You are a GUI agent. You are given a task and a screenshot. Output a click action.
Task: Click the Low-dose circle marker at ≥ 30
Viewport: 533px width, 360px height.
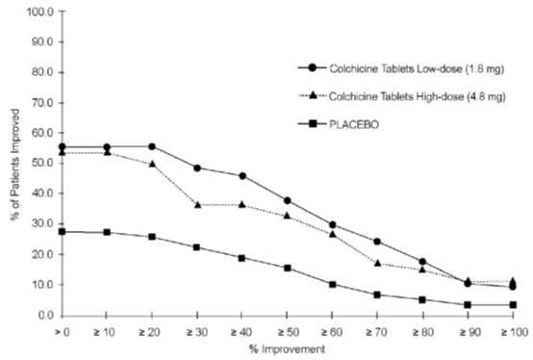point(196,167)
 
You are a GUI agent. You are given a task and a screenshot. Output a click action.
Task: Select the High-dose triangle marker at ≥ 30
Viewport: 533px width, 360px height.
point(196,204)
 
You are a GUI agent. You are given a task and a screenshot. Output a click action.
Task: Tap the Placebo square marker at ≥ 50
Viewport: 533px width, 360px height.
point(287,268)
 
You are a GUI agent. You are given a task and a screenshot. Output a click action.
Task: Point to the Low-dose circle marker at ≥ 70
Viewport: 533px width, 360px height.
point(377,242)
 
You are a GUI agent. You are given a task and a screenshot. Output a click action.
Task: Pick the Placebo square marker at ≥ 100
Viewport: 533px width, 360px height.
point(513,305)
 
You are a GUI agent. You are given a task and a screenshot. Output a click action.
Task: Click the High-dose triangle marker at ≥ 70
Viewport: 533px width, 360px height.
point(377,263)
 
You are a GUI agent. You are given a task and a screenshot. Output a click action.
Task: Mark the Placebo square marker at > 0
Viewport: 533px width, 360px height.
point(62,231)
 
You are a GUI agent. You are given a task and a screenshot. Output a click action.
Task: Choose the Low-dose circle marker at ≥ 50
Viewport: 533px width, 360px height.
point(287,200)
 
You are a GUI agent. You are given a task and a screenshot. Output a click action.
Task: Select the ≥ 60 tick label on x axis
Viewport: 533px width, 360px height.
point(332,330)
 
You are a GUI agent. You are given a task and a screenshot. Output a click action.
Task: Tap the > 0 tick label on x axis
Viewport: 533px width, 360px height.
point(62,330)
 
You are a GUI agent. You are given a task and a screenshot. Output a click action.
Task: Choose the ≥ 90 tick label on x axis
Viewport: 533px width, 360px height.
point(468,330)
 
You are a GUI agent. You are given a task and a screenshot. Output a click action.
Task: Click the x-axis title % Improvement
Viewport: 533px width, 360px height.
point(286,347)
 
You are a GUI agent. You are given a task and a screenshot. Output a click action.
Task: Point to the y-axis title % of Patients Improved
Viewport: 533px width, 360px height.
point(11,164)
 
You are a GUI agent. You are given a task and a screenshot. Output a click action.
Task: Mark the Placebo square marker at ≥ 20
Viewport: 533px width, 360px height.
point(152,237)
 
